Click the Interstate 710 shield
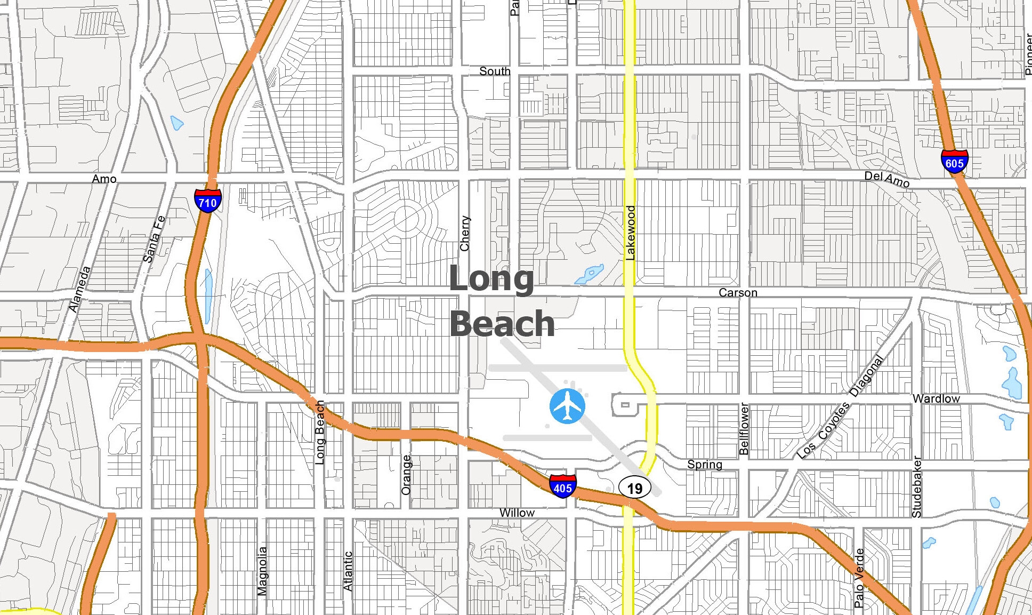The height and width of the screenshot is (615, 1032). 207,201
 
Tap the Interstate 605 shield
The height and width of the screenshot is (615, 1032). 954,162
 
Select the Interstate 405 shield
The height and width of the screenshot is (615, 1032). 562,486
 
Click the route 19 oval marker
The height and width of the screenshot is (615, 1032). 634,488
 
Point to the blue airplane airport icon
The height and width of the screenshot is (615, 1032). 567,406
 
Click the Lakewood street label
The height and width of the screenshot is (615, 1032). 631,233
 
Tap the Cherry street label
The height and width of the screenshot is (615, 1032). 465,233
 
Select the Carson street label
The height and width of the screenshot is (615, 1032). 738,293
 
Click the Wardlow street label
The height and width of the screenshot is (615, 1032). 936,398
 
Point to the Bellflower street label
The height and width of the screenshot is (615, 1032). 744,429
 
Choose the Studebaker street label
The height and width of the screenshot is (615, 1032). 917,486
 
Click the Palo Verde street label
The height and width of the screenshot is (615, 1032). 859,578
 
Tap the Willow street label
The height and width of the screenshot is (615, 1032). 517,513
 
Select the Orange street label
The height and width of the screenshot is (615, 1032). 406,474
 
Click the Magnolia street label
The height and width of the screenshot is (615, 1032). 262,570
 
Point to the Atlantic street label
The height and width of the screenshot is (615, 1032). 348,571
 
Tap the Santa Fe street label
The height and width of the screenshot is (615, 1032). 154,239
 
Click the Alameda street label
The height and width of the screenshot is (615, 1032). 80,289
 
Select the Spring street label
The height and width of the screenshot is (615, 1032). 704,464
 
